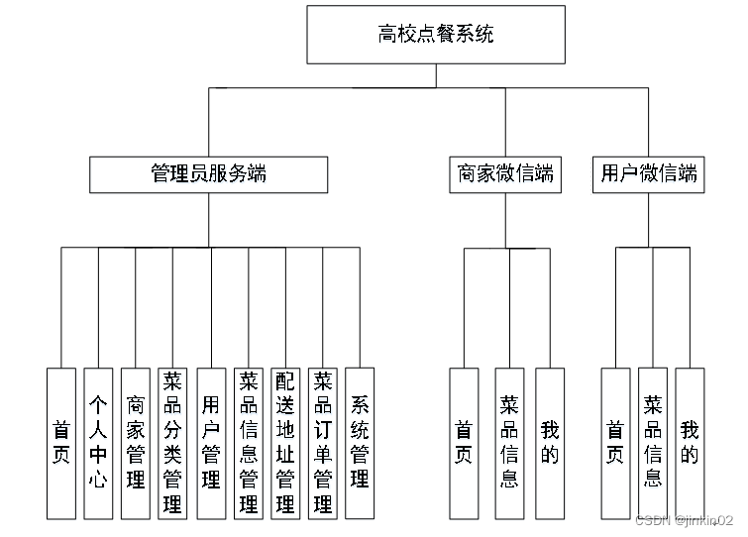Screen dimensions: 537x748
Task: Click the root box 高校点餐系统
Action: pos(436,36)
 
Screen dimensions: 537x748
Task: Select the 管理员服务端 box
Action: pos(208,174)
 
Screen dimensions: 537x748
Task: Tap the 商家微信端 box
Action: pos(505,174)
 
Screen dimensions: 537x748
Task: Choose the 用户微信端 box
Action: pos(649,174)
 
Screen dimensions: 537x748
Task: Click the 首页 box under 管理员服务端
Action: pos(61,443)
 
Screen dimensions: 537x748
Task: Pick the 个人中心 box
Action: pos(98,443)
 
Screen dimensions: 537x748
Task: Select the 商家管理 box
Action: pos(136,443)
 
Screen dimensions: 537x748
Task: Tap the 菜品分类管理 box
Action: pos(173,443)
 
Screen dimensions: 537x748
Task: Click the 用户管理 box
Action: pos(211,443)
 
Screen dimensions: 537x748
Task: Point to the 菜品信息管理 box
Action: pos(249,443)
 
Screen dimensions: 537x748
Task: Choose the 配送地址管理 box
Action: pos(285,443)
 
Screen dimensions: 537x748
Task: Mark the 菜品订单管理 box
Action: pos(323,443)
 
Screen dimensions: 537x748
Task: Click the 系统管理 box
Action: pos(360,443)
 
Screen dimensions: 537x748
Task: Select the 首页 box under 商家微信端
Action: pos(464,443)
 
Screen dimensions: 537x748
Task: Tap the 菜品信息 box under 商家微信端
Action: pos(509,443)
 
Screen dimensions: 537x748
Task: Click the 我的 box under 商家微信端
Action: pos(550,443)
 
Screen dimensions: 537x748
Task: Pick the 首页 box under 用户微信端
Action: pos(615,443)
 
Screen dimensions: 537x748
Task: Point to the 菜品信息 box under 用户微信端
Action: pos(653,443)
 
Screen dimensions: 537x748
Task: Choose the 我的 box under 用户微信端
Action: pos(690,443)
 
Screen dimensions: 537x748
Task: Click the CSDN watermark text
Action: pos(684,520)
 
